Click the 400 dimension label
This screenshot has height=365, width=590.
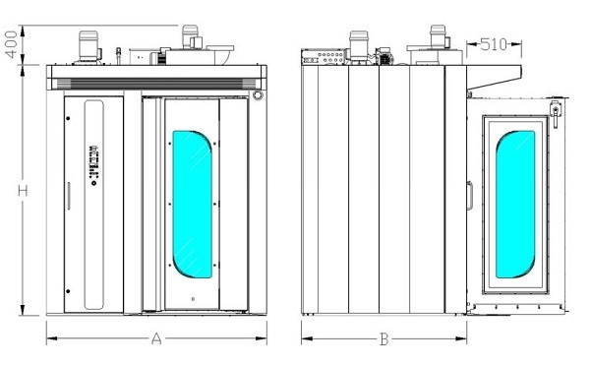12,44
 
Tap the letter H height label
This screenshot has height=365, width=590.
23,191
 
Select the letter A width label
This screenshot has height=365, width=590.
156,338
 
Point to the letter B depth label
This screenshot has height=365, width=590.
383,339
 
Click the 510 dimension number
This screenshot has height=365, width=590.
494,45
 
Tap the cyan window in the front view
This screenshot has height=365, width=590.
193,205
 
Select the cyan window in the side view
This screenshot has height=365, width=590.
515,205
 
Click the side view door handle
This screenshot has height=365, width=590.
470,196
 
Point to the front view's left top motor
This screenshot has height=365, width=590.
89,47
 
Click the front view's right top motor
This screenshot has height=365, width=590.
191,36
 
